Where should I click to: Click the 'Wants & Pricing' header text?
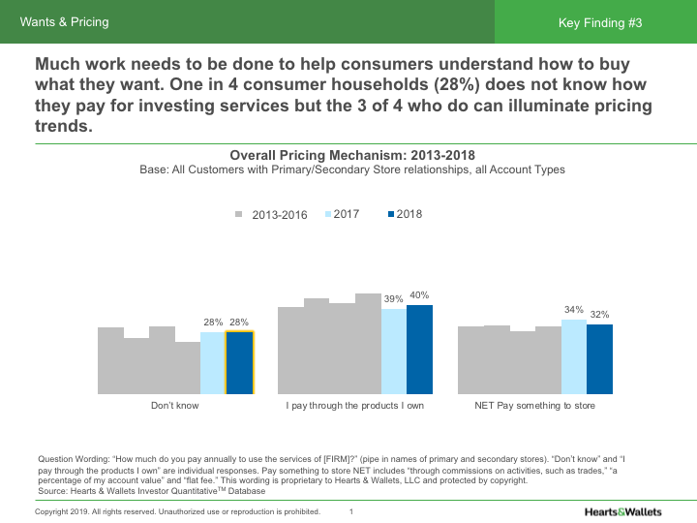(x=65, y=22)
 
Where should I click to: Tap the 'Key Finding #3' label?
(x=600, y=23)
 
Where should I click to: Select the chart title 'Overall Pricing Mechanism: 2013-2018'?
(x=352, y=155)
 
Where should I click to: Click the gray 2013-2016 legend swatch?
(x=239, y=214)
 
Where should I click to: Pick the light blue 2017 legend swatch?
(x=328, y=214)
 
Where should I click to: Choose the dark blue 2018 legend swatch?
(x=391, y=214)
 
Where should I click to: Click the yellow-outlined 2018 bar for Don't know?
(x=240, y=362)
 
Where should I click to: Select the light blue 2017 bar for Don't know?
(x=213, y=363)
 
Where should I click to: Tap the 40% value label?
(x=419, y=295)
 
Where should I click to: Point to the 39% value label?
(x=393, y=299)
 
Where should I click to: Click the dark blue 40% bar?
(x=419, y=350)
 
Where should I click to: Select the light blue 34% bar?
(x=574, y=356)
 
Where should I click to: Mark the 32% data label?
(x=599, y=315)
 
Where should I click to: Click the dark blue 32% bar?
(x=599, y=359)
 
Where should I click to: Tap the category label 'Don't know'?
(x=174, y=406)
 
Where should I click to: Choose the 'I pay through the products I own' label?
(x=354, y=406)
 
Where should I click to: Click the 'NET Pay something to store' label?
(x=534, y=406)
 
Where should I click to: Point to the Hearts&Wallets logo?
(x=623, y=512)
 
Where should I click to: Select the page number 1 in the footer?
(x=351, y=512)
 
